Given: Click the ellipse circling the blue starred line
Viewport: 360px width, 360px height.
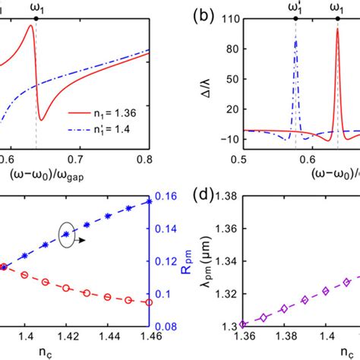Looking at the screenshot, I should pyautogui.click(x=69, y=235).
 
